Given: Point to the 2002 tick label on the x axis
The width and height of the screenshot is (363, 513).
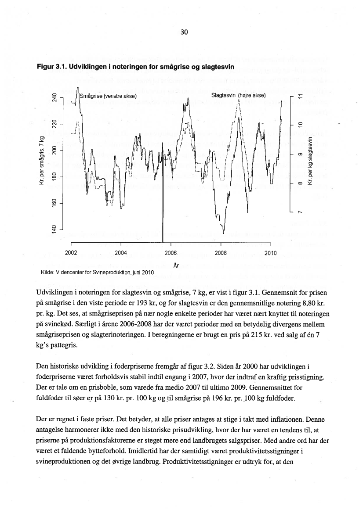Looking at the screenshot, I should coord(71,253).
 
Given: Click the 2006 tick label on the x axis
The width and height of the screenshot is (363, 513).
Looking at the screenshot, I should coord(170,253).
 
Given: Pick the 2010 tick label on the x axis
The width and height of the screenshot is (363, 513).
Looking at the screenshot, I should coord(270,253).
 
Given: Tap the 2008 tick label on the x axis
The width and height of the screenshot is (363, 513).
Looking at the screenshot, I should coord(220,253).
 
